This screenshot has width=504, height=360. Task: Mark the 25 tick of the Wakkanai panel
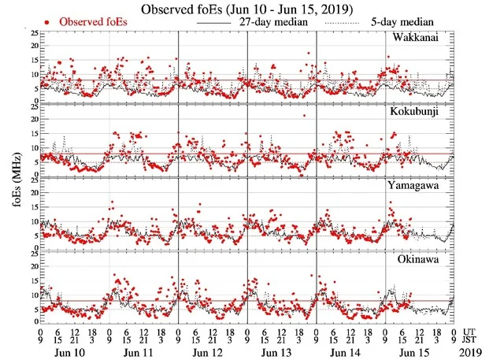coord(32,33)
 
